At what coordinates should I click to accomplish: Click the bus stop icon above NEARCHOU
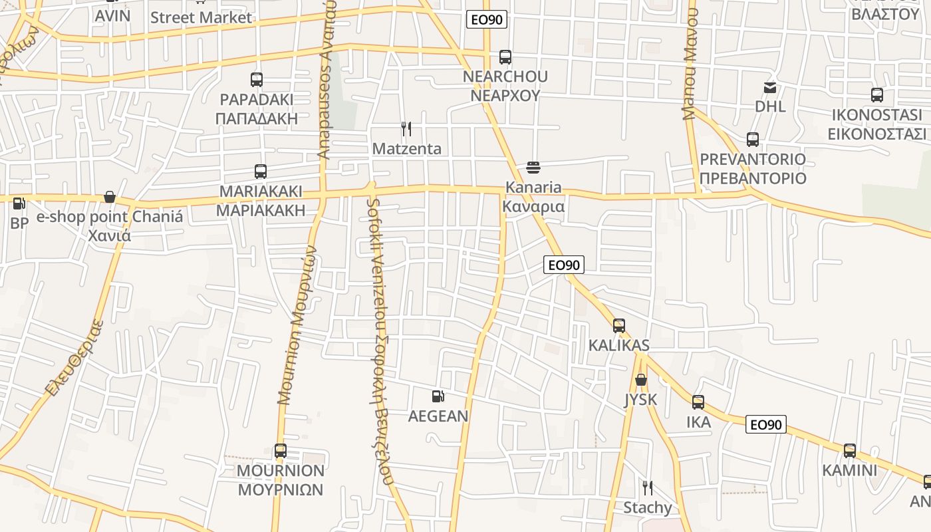505,57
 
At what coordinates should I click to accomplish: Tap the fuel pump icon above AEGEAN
438,396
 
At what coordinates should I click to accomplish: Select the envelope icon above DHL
770,88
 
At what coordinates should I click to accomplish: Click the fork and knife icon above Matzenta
406,128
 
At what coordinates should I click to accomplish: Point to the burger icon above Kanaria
533,167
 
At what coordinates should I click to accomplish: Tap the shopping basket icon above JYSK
640,380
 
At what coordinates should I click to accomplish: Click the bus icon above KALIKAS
619,326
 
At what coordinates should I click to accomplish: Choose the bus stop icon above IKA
698,402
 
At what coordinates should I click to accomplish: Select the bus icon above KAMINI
850,451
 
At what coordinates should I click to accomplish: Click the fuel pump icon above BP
19,203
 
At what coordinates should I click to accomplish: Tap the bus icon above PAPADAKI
257,80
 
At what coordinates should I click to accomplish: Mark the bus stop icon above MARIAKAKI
261,172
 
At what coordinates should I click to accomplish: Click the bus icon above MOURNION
281,451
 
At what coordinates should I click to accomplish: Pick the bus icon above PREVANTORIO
753,140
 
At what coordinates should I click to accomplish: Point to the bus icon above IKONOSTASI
877,95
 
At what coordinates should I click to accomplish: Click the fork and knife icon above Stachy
647,488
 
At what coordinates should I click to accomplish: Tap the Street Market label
201,17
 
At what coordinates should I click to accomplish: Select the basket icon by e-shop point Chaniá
110,197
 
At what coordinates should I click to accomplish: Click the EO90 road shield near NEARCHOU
487,19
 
